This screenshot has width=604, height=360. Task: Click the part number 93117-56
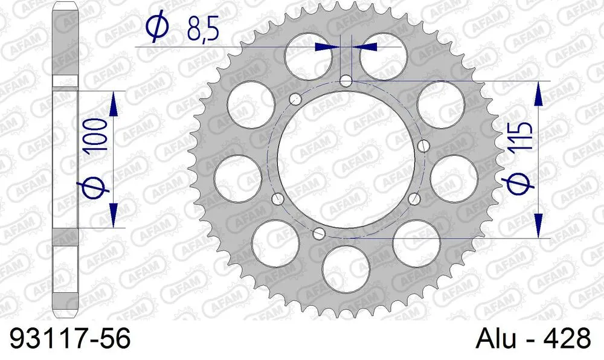click(x=66, y=339)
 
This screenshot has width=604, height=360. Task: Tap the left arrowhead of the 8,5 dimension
click(x=326, y=46)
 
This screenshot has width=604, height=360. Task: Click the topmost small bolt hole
click(x=346, y=80)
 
